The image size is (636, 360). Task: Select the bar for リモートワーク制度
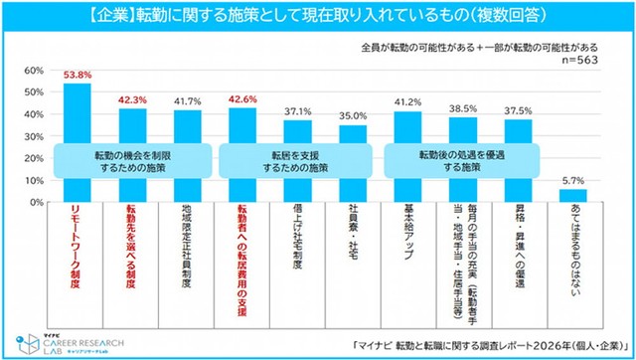coord(77,119)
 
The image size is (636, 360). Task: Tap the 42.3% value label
coord(132,99)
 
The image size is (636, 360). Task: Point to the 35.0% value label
coord(353,115)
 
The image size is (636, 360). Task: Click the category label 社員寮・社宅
coord(353,235)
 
